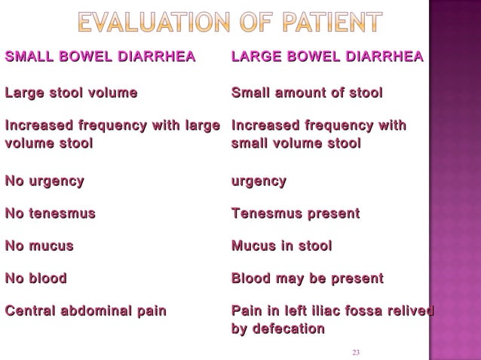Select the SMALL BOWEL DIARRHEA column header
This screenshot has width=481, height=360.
tap(100, 57)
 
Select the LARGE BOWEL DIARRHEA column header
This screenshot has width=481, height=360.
tap(326, 57)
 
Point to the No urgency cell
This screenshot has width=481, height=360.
tap(44, 181)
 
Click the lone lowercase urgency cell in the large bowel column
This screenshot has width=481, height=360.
tap(259, 181)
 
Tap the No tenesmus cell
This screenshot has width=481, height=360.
tap(51, 214)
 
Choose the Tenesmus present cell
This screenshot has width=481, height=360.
tap(295, 214)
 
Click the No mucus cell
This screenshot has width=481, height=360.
tap(39, 246)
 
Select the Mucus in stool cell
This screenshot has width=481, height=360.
tap(281, 246)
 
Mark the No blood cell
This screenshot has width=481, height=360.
tap(36, 279)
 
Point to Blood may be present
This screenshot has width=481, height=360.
tap(307, 279)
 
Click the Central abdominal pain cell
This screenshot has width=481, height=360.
tap(85, 311)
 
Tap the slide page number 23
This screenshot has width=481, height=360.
tap(357, 352)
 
